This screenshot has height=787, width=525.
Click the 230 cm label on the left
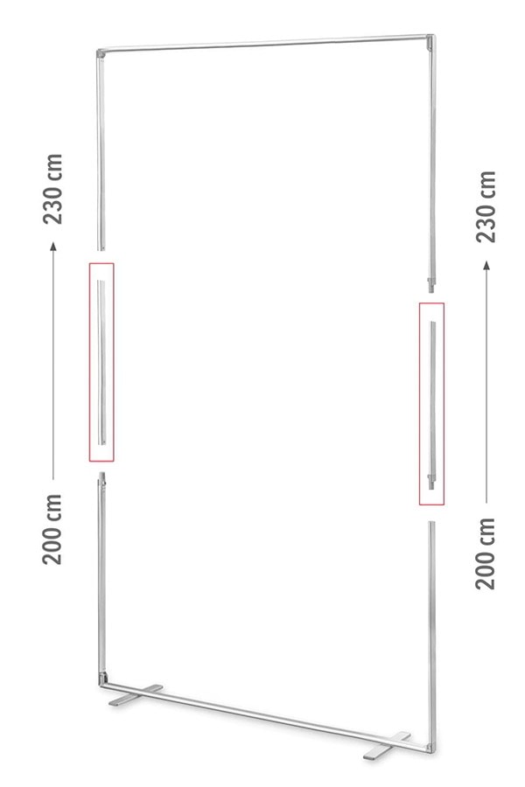click(x=53, y=189)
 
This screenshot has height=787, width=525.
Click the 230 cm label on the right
click(x=486, y=206)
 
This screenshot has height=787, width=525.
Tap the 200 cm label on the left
click(x=52, y=529)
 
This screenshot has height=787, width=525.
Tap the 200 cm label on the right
click(x=486, y=554)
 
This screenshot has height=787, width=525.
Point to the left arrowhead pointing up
click(x=53, y=246)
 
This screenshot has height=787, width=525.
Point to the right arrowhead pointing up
click(x=486, y=265)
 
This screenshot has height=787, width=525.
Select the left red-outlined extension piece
click(x=101, y=362)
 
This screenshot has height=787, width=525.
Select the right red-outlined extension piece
click(x=431, y=403)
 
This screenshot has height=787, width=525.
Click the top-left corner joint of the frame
click(x=101, y=52)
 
